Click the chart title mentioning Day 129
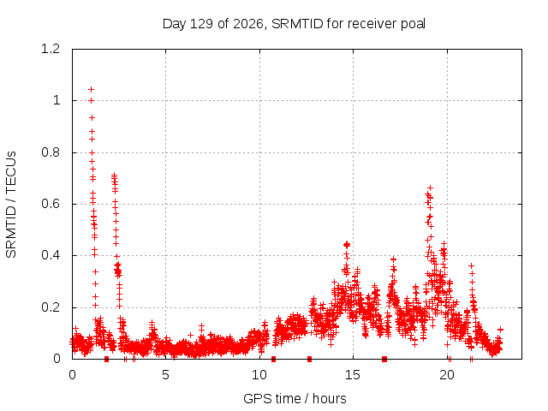(x=294, y=24)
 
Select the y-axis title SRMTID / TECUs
(x=11, y=205)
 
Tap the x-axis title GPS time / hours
(x=295, y=398)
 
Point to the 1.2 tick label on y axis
(x=51, y=49)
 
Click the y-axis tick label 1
(x=57, y=101)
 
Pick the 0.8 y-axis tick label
(x=51, y=152)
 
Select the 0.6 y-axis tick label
(x=51, y=204)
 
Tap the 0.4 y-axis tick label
(x=51, y=255)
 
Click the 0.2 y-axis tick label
(x=51, y=307)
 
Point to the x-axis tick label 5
(x=165, y=375)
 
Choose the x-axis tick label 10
(x=259, y=375)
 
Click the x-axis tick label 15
(x=353, y=375)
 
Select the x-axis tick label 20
(x=447, y=375)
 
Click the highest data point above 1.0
(x=92, y=89)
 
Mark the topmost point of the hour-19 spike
(x=430, y=188)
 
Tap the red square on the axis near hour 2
(x=106, y=359)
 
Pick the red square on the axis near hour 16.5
(x=384, y=359)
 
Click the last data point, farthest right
(x=500, y=329)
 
